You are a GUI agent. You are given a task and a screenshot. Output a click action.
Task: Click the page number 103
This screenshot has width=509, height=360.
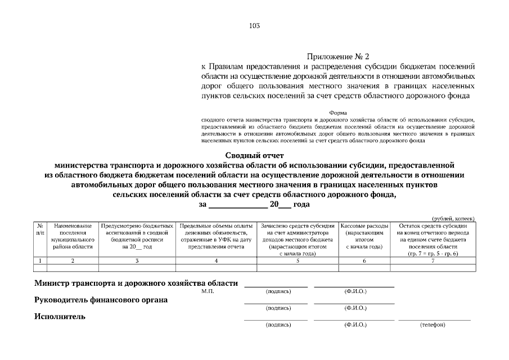254,25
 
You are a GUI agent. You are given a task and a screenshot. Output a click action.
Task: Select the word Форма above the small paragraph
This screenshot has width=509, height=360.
337,112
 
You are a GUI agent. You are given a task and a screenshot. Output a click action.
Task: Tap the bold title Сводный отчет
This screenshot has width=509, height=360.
255,155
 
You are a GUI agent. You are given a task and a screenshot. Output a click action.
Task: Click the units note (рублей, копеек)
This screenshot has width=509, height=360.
453,218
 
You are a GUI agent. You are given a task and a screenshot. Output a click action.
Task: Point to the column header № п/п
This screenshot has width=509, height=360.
40,228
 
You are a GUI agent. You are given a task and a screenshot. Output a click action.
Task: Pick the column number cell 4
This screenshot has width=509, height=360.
216,261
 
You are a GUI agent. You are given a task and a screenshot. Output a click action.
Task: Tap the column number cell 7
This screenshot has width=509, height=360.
433,261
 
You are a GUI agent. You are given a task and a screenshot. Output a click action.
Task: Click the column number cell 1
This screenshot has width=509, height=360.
40,261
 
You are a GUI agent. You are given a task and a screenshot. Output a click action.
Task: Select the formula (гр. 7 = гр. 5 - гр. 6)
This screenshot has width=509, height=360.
433,254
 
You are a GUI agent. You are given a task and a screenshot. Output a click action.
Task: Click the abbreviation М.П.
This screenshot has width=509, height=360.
208,292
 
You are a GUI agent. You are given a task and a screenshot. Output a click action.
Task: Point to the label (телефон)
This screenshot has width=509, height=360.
433,325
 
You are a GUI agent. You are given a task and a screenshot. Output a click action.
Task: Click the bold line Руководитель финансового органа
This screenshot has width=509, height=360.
101,300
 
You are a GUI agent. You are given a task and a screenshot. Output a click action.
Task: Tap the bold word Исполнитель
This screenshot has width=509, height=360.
60,317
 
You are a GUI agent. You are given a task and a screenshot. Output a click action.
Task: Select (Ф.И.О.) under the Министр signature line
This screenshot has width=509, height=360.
355,292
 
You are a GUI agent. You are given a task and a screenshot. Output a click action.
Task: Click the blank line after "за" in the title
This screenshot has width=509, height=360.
237,205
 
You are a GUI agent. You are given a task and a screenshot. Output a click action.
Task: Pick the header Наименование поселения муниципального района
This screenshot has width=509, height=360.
73,236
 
